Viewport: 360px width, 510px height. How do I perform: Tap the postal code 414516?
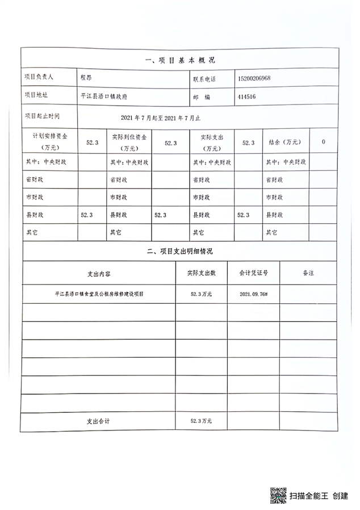point(246,97)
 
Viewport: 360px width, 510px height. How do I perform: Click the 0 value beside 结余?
point(324,142)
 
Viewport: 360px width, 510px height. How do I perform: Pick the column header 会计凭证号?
point(253,273)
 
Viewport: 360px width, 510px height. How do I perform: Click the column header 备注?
point(308,273)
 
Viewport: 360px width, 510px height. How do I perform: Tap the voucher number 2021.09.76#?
point(253,294)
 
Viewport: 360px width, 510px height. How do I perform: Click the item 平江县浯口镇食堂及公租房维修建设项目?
point(99,294)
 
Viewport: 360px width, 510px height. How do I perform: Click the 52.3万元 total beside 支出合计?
point(202,421)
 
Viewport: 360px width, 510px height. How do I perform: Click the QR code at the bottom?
point(277,495)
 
